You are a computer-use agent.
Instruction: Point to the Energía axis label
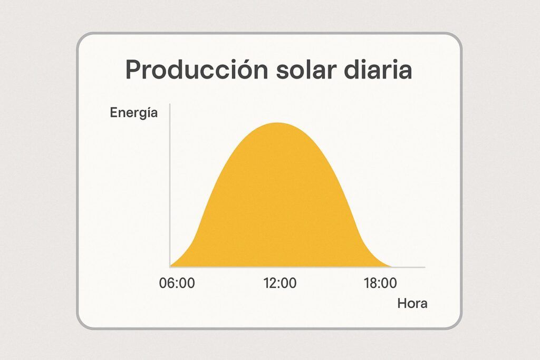pos(133,113)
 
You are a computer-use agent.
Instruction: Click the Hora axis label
pos(412,304)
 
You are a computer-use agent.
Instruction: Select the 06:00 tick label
pos(177,283)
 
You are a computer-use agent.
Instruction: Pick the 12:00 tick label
pos(280,283)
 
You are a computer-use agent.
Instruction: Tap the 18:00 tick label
pos(380,283)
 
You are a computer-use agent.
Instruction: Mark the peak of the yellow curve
pos(277,123)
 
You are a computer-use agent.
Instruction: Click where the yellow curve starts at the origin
pos(171,266)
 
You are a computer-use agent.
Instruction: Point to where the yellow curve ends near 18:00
pos(392,266)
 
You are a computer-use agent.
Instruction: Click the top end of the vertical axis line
pos(170,104)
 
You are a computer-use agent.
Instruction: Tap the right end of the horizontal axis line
pos(425,267)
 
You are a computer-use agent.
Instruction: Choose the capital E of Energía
pos(114,113)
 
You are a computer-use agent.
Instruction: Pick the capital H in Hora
pos(402,304)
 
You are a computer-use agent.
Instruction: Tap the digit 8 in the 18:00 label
pos(373,283)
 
